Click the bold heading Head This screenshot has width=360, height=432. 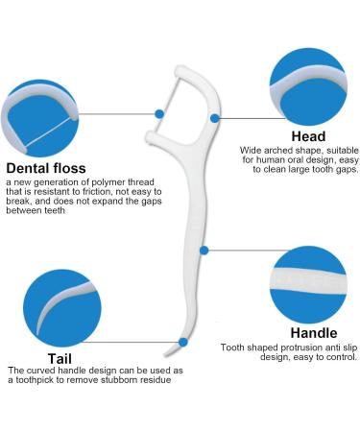[x=307, y=136]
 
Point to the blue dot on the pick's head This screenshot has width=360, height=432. [x=215, y=118]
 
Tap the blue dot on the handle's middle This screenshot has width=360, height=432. [x=204, y=251]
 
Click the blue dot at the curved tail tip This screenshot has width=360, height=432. [x=182, y=341]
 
